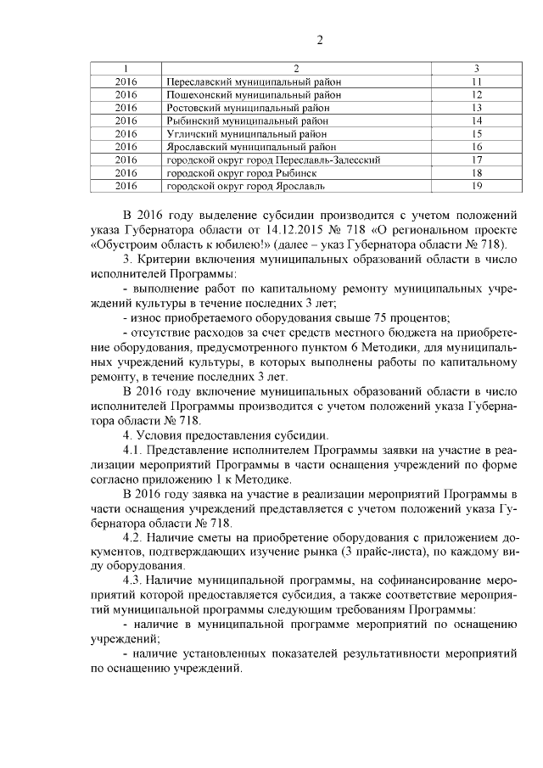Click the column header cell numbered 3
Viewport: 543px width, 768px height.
point(477,68)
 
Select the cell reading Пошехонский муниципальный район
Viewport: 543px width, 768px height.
point(254,95)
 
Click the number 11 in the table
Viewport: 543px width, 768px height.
point(477,81)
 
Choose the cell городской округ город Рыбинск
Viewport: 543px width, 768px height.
point(238,172)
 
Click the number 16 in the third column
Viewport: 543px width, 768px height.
point(477,146)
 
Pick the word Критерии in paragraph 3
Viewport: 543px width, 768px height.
point(168,257)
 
